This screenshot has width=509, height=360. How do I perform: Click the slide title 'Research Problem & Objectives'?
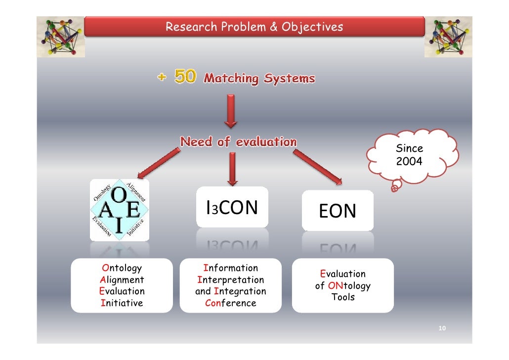(x=254, y=27)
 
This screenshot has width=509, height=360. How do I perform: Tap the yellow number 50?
(x=185, y=78)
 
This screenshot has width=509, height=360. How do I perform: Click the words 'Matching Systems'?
(x=259, y=78)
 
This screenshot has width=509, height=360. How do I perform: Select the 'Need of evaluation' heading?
(x=238, y=142)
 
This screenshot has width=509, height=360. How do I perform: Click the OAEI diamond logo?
(x=120, y=210)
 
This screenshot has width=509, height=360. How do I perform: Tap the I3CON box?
(x=232, y=208)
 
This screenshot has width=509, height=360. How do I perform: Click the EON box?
(x=338, y=211)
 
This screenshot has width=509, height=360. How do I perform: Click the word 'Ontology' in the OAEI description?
(x=122, y=269)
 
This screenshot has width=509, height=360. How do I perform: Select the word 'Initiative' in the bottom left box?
(x=122, y=303)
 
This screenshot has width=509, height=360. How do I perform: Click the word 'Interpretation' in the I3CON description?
(x=230, y=280)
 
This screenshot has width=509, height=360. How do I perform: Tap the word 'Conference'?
(x=230, y=303)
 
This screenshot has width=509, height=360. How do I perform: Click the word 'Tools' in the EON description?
(x=343, y=297)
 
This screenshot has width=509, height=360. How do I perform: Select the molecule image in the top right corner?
(x=448, y=37)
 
